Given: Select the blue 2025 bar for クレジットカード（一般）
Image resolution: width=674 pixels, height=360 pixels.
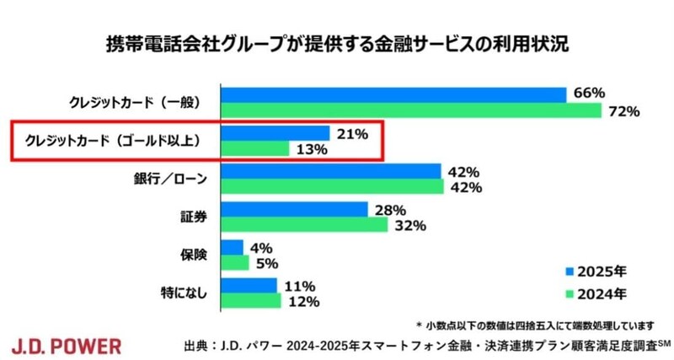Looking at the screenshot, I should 393,94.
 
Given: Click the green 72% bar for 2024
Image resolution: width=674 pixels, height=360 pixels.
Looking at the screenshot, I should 411,110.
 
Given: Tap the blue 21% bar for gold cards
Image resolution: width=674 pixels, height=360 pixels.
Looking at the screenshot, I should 275,133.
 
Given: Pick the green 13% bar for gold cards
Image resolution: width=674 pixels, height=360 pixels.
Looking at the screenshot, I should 254,149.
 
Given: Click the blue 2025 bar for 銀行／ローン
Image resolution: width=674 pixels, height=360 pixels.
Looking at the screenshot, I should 331,171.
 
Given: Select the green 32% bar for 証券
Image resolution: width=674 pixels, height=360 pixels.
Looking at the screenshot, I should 304,225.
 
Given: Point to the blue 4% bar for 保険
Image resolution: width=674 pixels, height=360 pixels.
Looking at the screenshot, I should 232,247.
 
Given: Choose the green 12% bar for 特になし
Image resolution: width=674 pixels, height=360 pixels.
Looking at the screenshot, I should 250,301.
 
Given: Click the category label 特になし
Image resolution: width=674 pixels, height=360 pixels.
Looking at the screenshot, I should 179,293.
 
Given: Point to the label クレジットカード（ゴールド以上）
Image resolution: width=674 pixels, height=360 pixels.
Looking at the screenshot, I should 113,141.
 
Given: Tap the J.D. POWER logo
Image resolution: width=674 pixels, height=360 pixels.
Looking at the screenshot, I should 67,345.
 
